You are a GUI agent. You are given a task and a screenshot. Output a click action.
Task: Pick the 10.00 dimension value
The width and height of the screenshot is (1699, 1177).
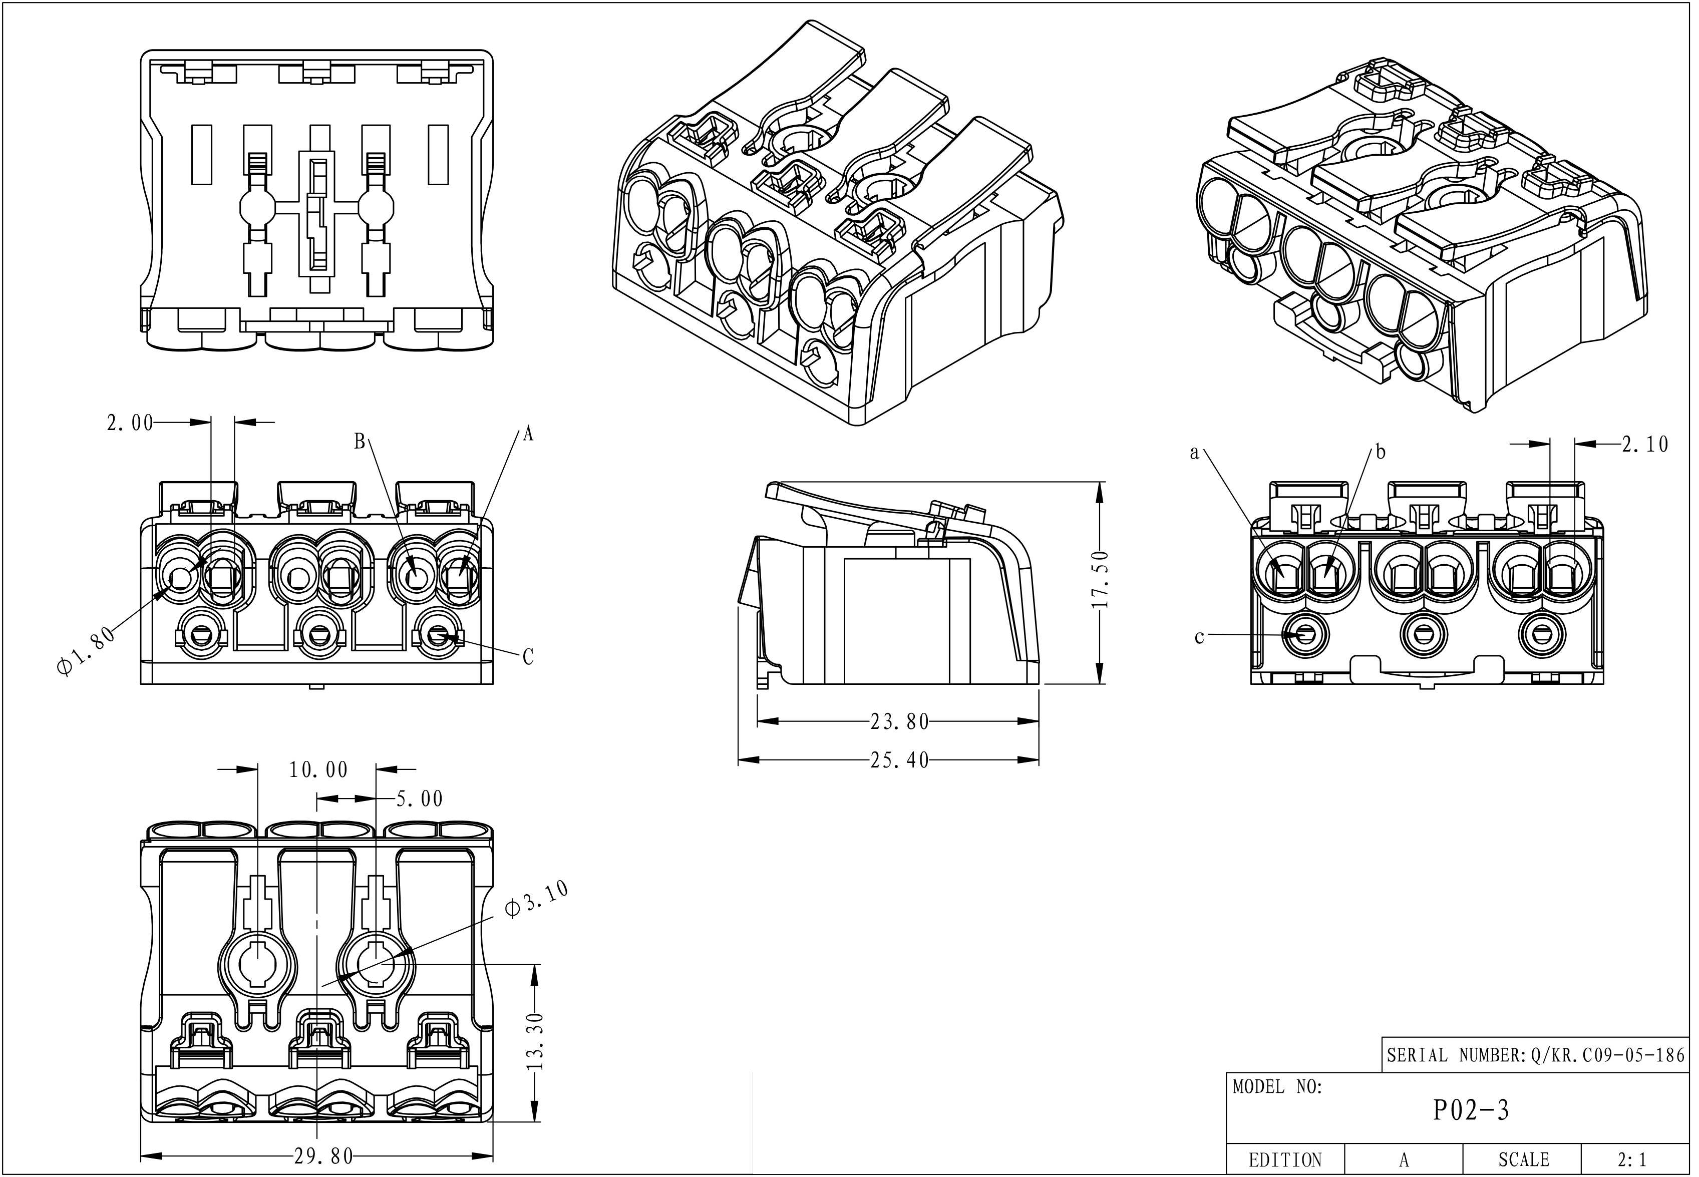[318, 770]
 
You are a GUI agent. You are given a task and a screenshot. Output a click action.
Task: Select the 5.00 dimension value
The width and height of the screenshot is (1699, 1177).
[420, 799]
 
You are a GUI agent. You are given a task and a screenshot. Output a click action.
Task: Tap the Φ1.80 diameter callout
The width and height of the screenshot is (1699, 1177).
[86, 650]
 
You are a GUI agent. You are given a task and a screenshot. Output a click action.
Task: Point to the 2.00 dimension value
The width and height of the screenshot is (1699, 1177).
[130, 424]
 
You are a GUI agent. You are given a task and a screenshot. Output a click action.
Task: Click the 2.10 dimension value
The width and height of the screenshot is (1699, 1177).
[1644, 445]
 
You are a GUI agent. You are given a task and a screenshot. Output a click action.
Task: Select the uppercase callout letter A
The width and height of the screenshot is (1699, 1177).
[528, 435]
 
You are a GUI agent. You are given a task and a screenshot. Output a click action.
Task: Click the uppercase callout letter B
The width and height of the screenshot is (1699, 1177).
[360, 441]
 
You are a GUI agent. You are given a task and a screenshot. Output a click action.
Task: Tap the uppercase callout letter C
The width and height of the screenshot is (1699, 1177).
[528, 657]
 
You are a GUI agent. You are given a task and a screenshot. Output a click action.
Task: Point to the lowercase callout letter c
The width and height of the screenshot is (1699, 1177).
[1199, 636]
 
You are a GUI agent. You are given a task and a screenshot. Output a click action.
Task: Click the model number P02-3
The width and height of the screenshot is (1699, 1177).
[1471, 1110]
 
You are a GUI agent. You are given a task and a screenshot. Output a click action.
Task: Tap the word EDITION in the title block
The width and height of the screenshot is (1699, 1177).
[1284, 1160]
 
